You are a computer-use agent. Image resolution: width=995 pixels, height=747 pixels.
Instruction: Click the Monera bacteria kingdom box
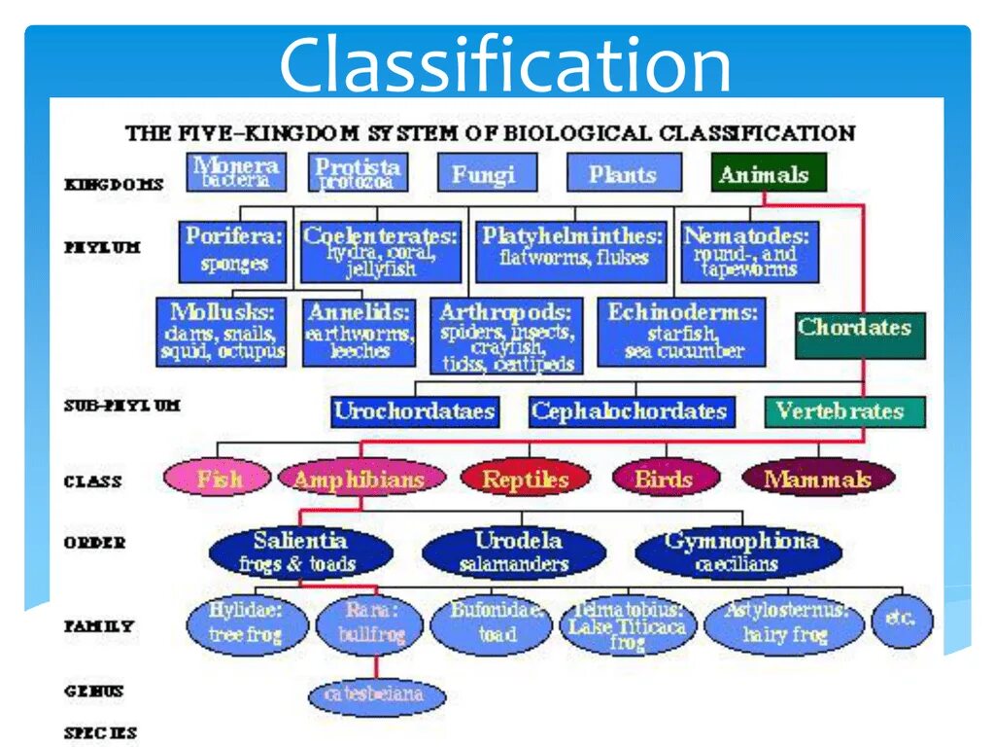pyautogui.click(x=236, y=172)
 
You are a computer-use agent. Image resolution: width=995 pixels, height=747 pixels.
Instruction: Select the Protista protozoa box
pyautogui.click(x=357, y=172)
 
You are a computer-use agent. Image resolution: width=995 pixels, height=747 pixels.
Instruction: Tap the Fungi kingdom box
pyautogui.click(x=483, y=174)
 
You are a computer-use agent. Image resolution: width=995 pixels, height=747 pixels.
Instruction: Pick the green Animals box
pyautogui.click(x=768, y=173)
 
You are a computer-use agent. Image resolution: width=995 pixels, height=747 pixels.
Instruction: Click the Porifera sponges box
pyautogui.click(x=233, y=250)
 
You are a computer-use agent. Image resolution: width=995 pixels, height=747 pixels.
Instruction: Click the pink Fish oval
pyautogui.click(x=218, y=478)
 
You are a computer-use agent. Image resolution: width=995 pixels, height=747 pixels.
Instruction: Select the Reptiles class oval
pyautogui.click(x=526, y=478)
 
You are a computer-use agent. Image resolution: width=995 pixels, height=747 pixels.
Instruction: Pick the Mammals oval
pyautogui.click(x=818, y=478)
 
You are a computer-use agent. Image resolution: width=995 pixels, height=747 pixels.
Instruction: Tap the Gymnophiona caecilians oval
pyautogui.click(x=740, y=551)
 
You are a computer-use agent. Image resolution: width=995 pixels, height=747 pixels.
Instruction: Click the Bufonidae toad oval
pyautogui.click(x=495, y=623)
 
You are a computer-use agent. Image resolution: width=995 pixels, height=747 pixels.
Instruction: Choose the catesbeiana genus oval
pyautogui.click(x=377, y=696)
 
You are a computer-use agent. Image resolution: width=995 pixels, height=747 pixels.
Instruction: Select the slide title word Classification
pyautogui.click(x=504, y=66)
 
